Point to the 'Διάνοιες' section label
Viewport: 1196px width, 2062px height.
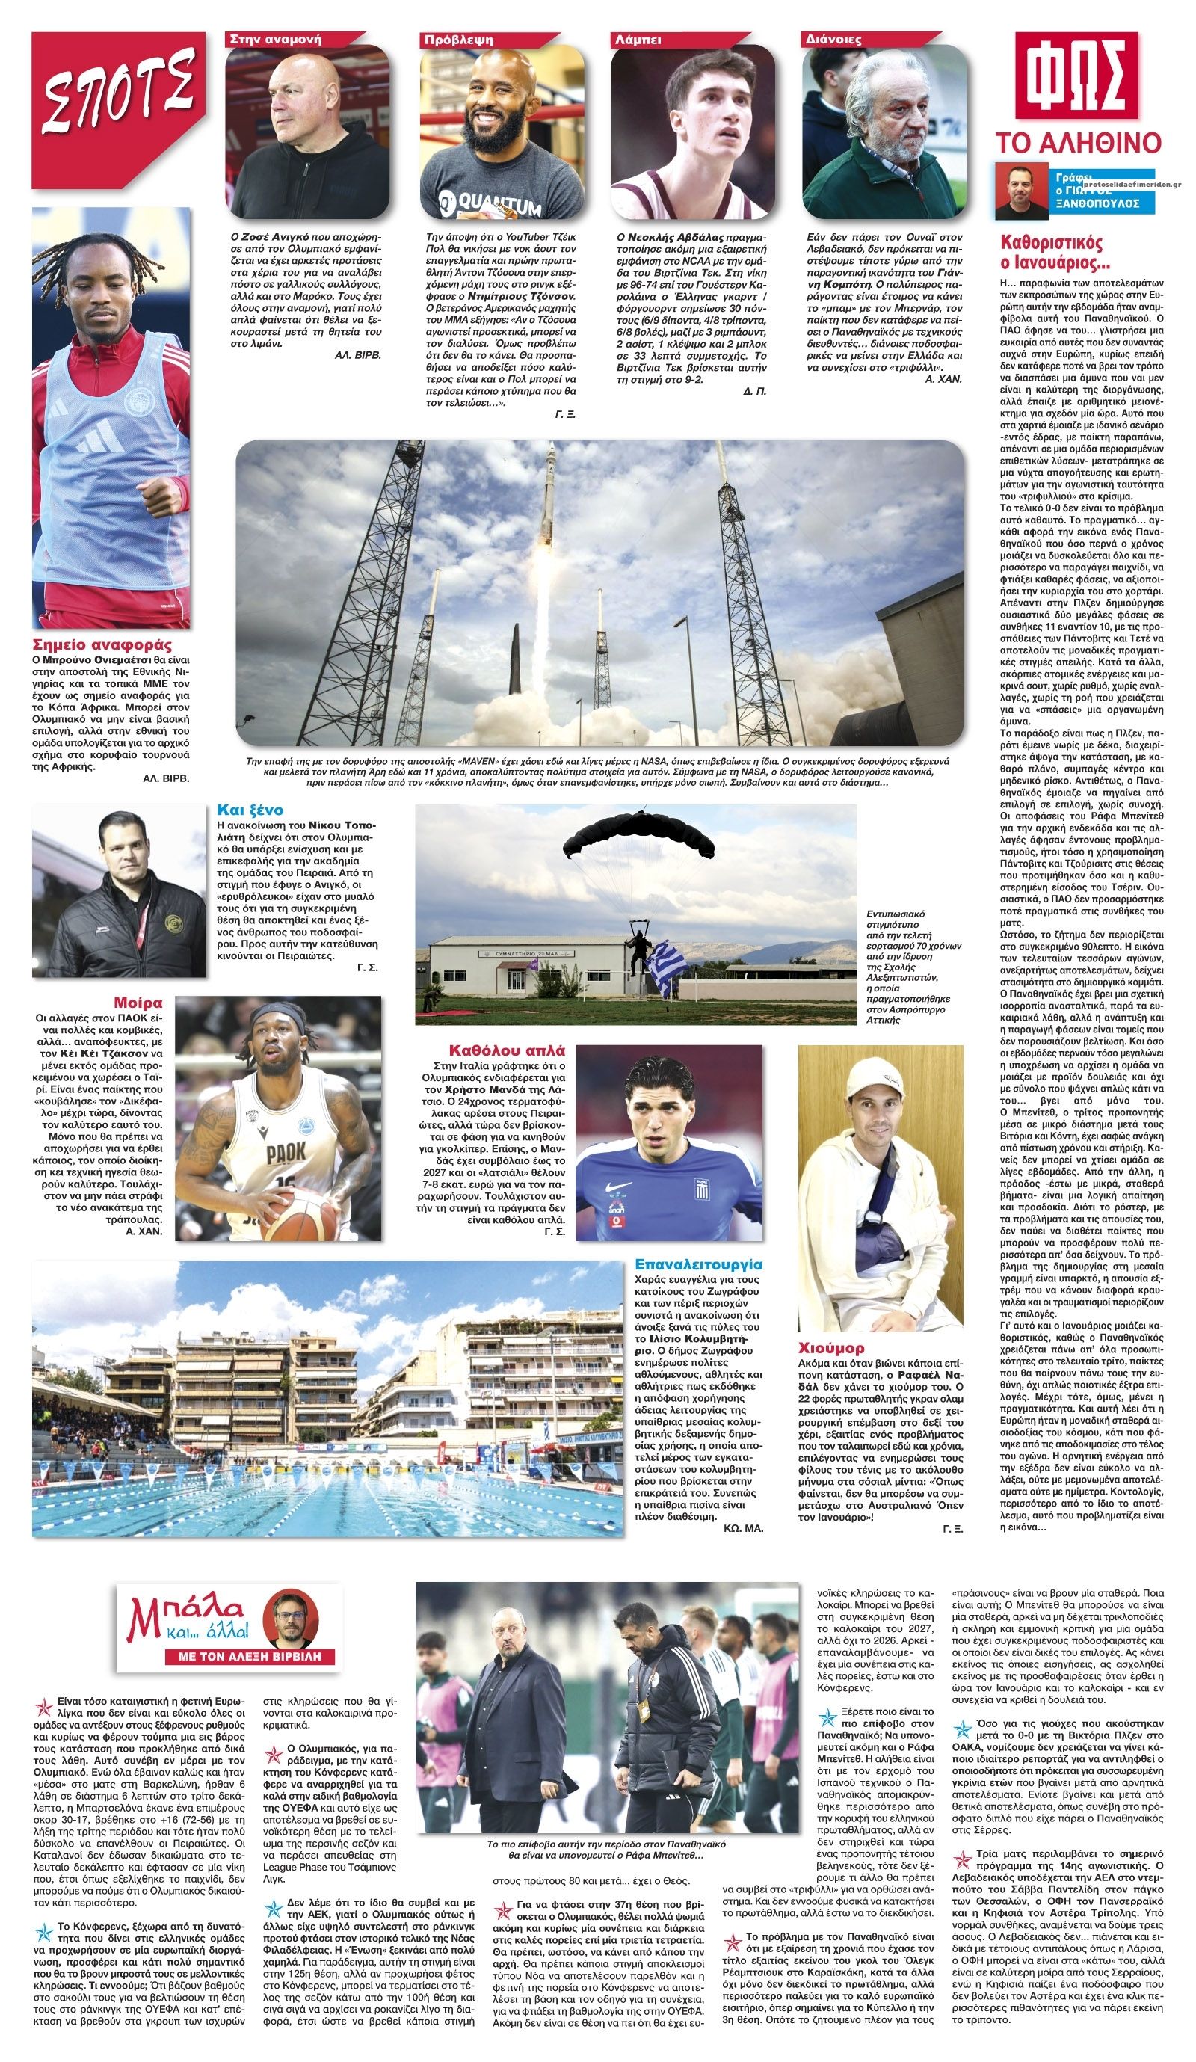[x=833, y=38]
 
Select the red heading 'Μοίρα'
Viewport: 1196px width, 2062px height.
[x=138, y=1003]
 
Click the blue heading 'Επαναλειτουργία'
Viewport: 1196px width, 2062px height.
[x=698, y=1264]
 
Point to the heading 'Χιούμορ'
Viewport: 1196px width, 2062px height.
[x=831, y=1348]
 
